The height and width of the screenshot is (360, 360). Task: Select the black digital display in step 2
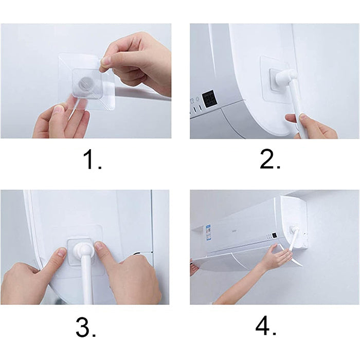coord(209,98)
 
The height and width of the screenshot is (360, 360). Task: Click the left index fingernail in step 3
coord(61,253)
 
